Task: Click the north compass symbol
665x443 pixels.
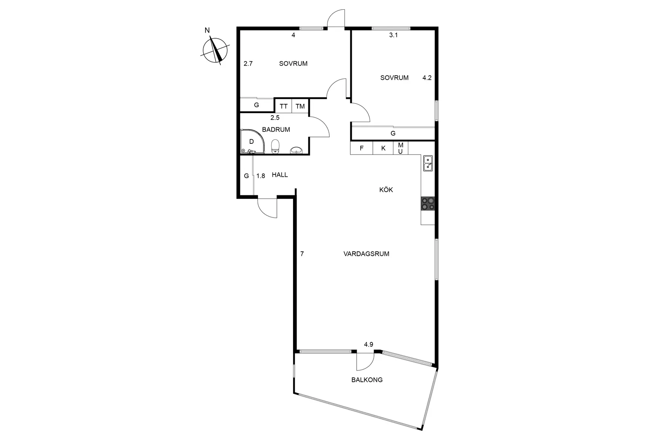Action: (x=216, y=51)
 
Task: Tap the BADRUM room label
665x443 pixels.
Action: (x=276, y=130)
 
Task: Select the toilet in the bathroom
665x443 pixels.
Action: (x=275, y=146)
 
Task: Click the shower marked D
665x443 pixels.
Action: (x=251, y=141)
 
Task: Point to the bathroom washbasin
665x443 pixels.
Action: (x=297, y=150)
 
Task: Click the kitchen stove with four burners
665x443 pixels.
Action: (x=428, y=204)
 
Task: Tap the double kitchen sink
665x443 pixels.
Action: (x=428, y=163)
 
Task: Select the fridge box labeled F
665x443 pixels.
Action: (x=362, y=148)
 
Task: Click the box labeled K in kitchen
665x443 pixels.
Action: (x=383, y=148)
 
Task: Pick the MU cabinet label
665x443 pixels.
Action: (x=401, y=148)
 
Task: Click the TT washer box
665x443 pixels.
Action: (x=284, y=106)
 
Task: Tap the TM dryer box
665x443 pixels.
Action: (x=300, y=106)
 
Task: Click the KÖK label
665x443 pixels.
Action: (x=386, y=190)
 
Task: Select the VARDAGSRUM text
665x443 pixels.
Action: (x=366, y=254)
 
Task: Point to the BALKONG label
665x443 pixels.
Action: (x=367, y=380)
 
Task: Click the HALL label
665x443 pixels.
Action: (x=280, y=175)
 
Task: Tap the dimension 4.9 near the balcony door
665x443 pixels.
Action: (x=368, y=344)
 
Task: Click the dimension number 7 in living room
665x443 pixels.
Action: (x=302, y=254)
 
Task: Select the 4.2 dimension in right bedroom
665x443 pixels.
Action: (x=427, y=78)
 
